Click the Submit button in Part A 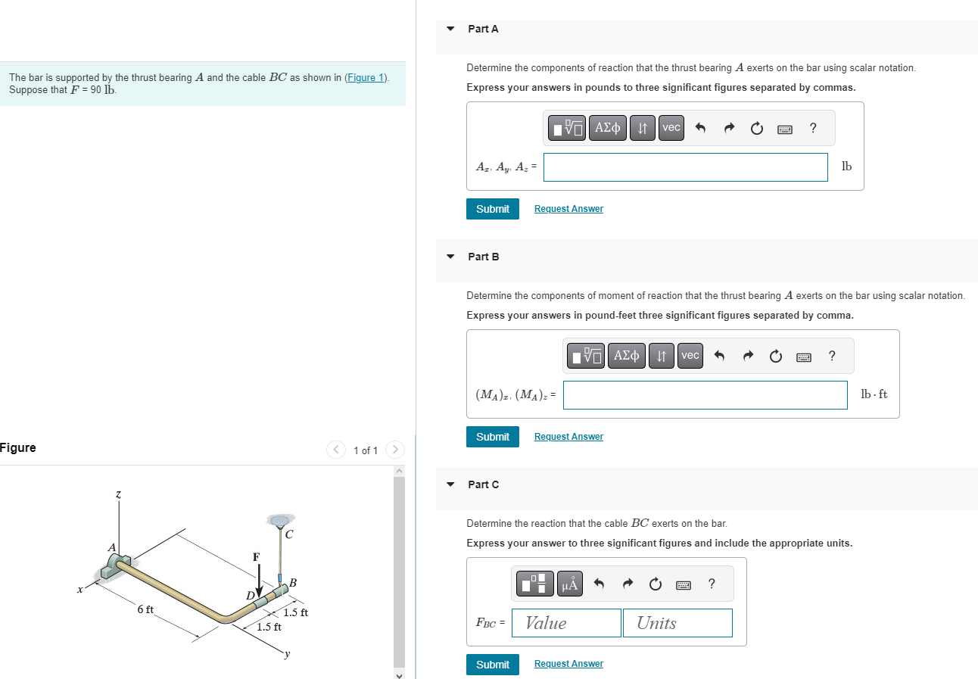coord(492,209)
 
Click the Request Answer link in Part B coord(568,437)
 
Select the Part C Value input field coord(566,623)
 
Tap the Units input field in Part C coord(677,623)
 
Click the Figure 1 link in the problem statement coord(366,78)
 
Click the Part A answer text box coord(685,167)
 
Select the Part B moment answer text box coord(705,395)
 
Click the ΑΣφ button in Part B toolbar coord(627,356)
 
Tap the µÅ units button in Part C coord(570,584)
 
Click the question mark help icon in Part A coord(813,128)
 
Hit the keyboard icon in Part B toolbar coord(803,357)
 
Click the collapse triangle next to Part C coord(450,484)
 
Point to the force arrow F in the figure coord(259,581)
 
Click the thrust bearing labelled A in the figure coord(117,565)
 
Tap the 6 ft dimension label coord(145,609)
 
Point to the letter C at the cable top coord(289,534)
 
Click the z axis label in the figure coord(117,494)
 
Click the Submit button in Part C coord(492,665)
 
